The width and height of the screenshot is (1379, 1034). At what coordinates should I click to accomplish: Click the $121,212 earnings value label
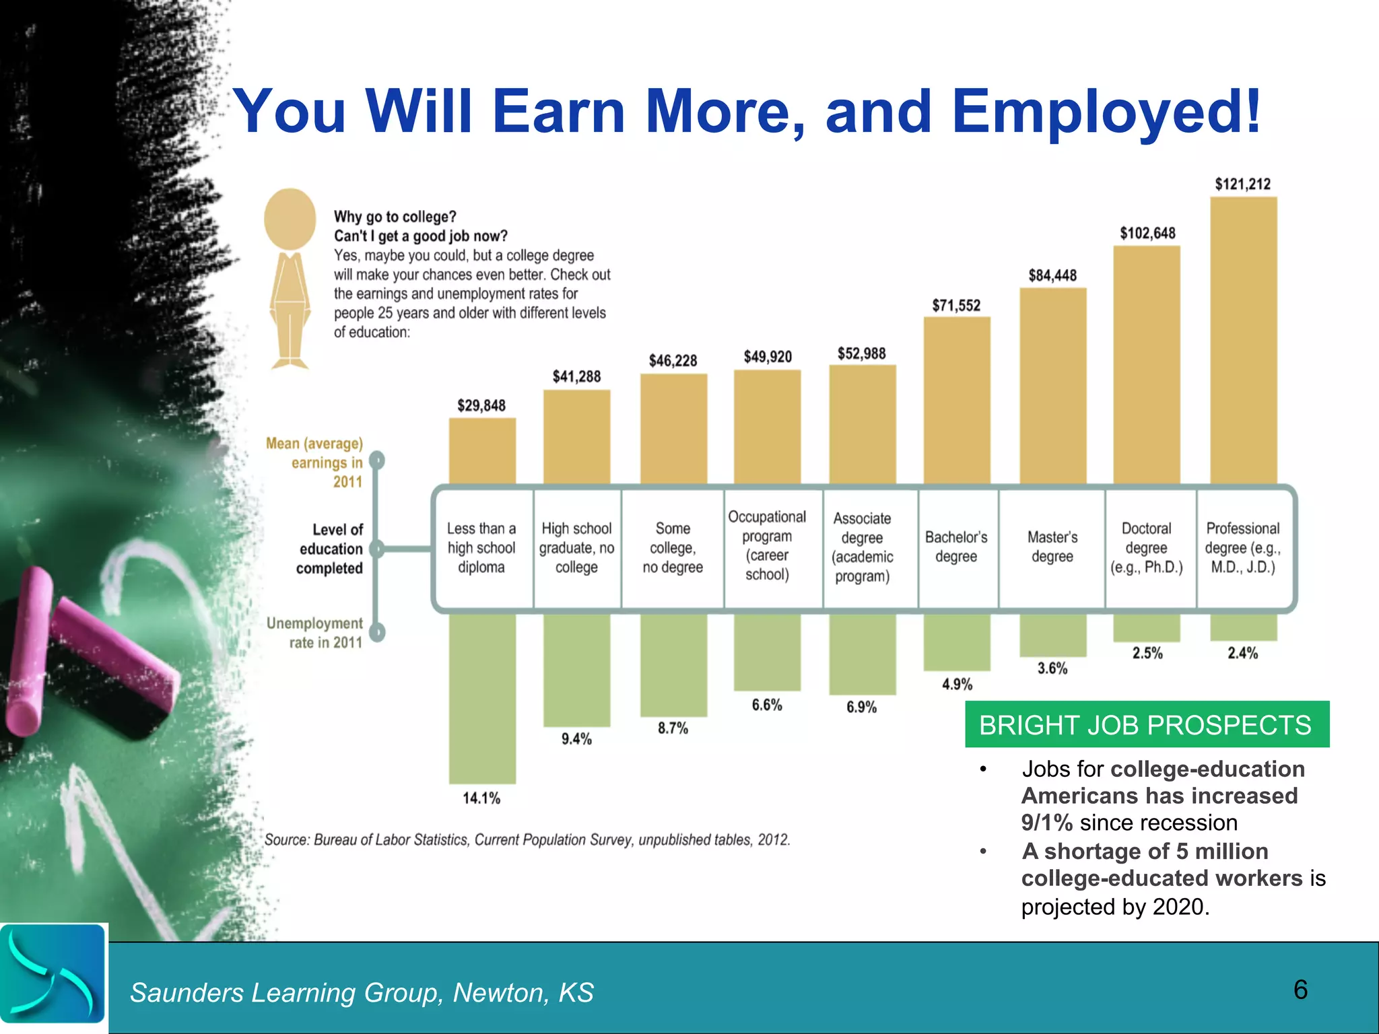click(x=1242, y=184)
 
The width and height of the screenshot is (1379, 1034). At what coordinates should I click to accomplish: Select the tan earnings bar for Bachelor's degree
click(x=957, y=401)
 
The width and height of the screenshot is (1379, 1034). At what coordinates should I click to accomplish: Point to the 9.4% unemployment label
click(x=576, y=739)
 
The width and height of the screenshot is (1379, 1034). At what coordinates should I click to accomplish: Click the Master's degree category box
click(x=1052, y=547)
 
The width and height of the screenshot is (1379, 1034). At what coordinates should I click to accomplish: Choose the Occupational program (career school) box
click(x=767, y=546)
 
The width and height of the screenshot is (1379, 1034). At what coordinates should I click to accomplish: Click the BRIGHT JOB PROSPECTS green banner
click(x=1146, y=725)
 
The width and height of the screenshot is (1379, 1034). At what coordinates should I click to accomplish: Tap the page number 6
click(x=1300, y=990)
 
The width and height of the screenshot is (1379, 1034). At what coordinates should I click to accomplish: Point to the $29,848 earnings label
click(x=481, y=405)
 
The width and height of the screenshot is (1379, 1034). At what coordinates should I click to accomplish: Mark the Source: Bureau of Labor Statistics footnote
click(x=527, y=839)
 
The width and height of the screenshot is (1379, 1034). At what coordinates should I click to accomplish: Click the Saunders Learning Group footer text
click(x=362, y=992)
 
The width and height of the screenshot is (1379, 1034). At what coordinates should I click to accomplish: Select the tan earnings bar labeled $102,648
click(x=1147, y=364)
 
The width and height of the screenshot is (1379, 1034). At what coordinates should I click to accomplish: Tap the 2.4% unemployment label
click(x=1242, y=653)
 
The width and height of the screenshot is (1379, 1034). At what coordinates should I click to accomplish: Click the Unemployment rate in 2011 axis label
click(x=315, y=633)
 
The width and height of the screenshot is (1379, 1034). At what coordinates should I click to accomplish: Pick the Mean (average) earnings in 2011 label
click(x=315, y=462)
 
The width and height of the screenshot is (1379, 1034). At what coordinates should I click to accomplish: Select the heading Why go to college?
click(x=395, y=217)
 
